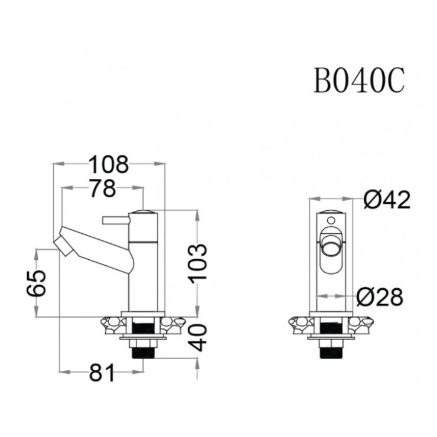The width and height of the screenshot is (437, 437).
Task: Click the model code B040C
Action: tap(358, 81)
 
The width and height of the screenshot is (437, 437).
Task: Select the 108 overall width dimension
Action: tap(108, 165)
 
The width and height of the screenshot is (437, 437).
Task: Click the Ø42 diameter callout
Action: tap(386, 201)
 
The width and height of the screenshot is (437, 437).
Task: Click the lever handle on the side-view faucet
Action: tap(115, 220)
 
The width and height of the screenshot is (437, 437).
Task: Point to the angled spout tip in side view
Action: tap(65, 243)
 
